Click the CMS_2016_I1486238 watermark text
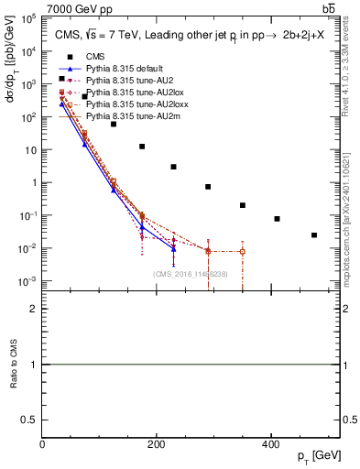pyautogui.click(x=191, y=274)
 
